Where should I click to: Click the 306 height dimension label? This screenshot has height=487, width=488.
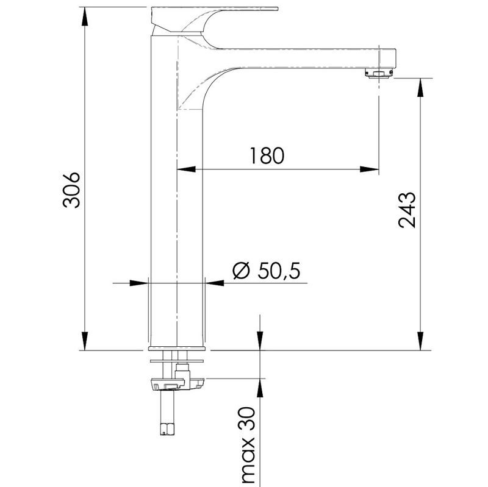[x=71, y=190]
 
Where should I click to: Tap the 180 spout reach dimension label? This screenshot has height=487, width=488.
[x=267, y=155]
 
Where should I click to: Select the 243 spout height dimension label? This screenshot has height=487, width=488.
[x=407, y=210]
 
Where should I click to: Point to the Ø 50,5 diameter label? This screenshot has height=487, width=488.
[x=267, y=270]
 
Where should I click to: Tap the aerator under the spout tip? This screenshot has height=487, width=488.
[x=379, y=73]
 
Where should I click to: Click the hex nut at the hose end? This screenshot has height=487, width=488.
[x=168, y=428]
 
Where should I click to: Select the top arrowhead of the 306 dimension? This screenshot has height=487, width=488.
[x=84, y=16]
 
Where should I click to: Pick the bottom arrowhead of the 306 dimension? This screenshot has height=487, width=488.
[x=84, y=341]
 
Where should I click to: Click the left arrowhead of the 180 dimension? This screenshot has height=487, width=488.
[x=186, y=169]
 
